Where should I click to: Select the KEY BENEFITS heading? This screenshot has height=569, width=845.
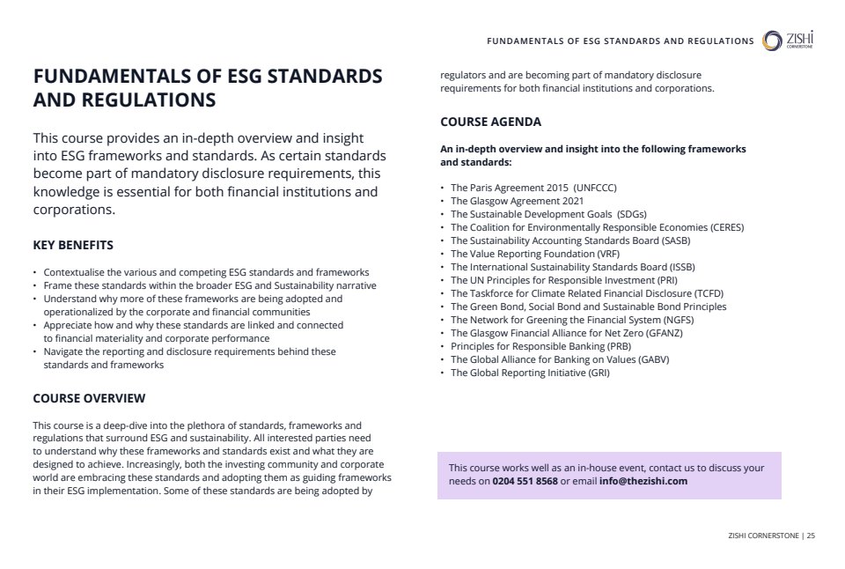point(73,245)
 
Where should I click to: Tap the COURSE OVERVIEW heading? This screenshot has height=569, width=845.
point(89,398)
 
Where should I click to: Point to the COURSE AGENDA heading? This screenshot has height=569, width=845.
point(490,122)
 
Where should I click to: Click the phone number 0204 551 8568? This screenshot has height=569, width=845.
point(525,482)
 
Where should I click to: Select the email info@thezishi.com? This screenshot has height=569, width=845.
point(643,482)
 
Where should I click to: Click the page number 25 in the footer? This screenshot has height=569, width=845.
point(810,535)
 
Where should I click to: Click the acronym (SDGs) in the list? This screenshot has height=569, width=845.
point(631,214)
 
